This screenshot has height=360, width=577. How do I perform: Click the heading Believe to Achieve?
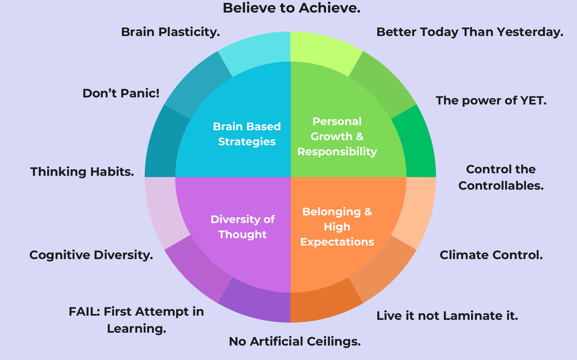(291, 8)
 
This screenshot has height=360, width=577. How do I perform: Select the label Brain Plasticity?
(170, 32)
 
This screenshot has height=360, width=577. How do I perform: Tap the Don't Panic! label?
(121, 93)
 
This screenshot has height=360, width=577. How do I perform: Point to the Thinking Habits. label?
(82, 172)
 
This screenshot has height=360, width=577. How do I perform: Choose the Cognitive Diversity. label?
(91, 255)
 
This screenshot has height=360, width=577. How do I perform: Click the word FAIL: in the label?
(84, 311)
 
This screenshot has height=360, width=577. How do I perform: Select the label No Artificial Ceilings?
(295, 341)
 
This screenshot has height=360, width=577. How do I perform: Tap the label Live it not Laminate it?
(447, 316)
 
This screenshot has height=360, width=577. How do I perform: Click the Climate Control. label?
(491, 255)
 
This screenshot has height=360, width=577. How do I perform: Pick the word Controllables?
(501, 185)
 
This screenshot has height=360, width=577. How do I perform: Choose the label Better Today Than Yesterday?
(470, 32)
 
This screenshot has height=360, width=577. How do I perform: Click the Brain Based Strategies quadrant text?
(247, 134)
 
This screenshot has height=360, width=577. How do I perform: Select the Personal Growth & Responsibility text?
(337, 136)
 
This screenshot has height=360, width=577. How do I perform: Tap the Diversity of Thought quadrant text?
(243, 227)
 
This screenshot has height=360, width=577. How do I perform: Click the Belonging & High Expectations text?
(337, 227)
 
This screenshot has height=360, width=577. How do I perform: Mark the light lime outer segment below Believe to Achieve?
(322, 51)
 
